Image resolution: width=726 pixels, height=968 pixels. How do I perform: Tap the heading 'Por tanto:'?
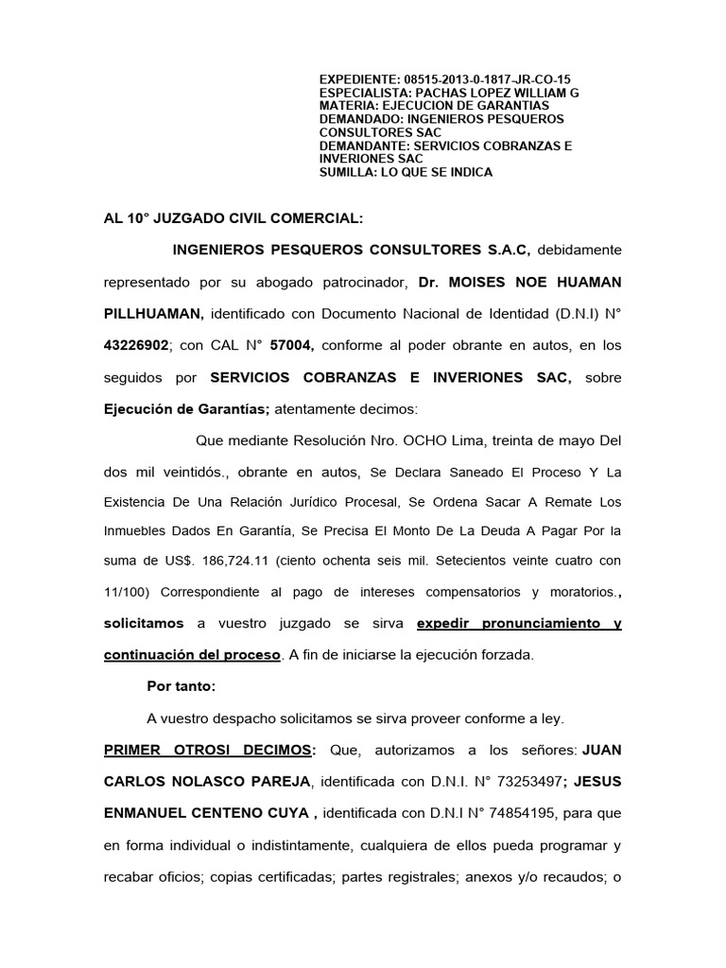181,685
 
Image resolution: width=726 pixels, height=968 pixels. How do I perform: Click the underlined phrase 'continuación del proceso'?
192,655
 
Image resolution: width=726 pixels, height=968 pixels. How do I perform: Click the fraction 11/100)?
130,594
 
